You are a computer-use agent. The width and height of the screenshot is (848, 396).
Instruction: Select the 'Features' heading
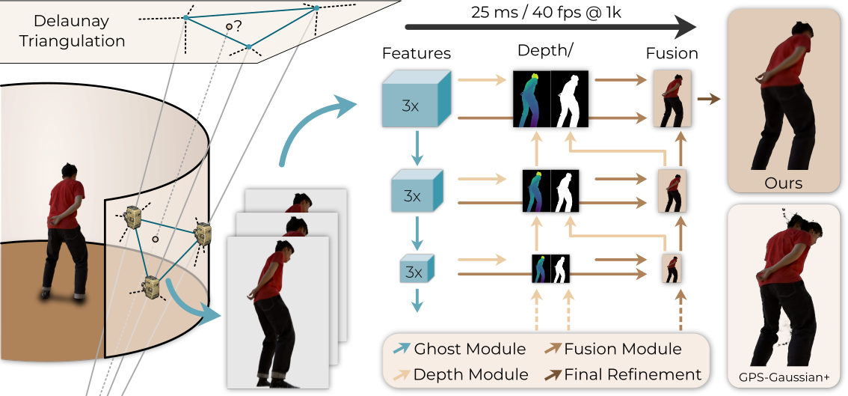417,54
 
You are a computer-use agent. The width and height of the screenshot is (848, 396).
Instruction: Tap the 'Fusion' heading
672,54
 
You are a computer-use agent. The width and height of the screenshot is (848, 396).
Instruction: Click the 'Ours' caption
784,183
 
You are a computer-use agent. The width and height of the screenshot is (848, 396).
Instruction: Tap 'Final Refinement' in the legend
633,374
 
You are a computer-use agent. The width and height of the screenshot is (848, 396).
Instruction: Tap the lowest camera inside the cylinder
150,286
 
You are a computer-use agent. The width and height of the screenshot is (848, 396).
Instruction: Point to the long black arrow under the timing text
550,29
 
